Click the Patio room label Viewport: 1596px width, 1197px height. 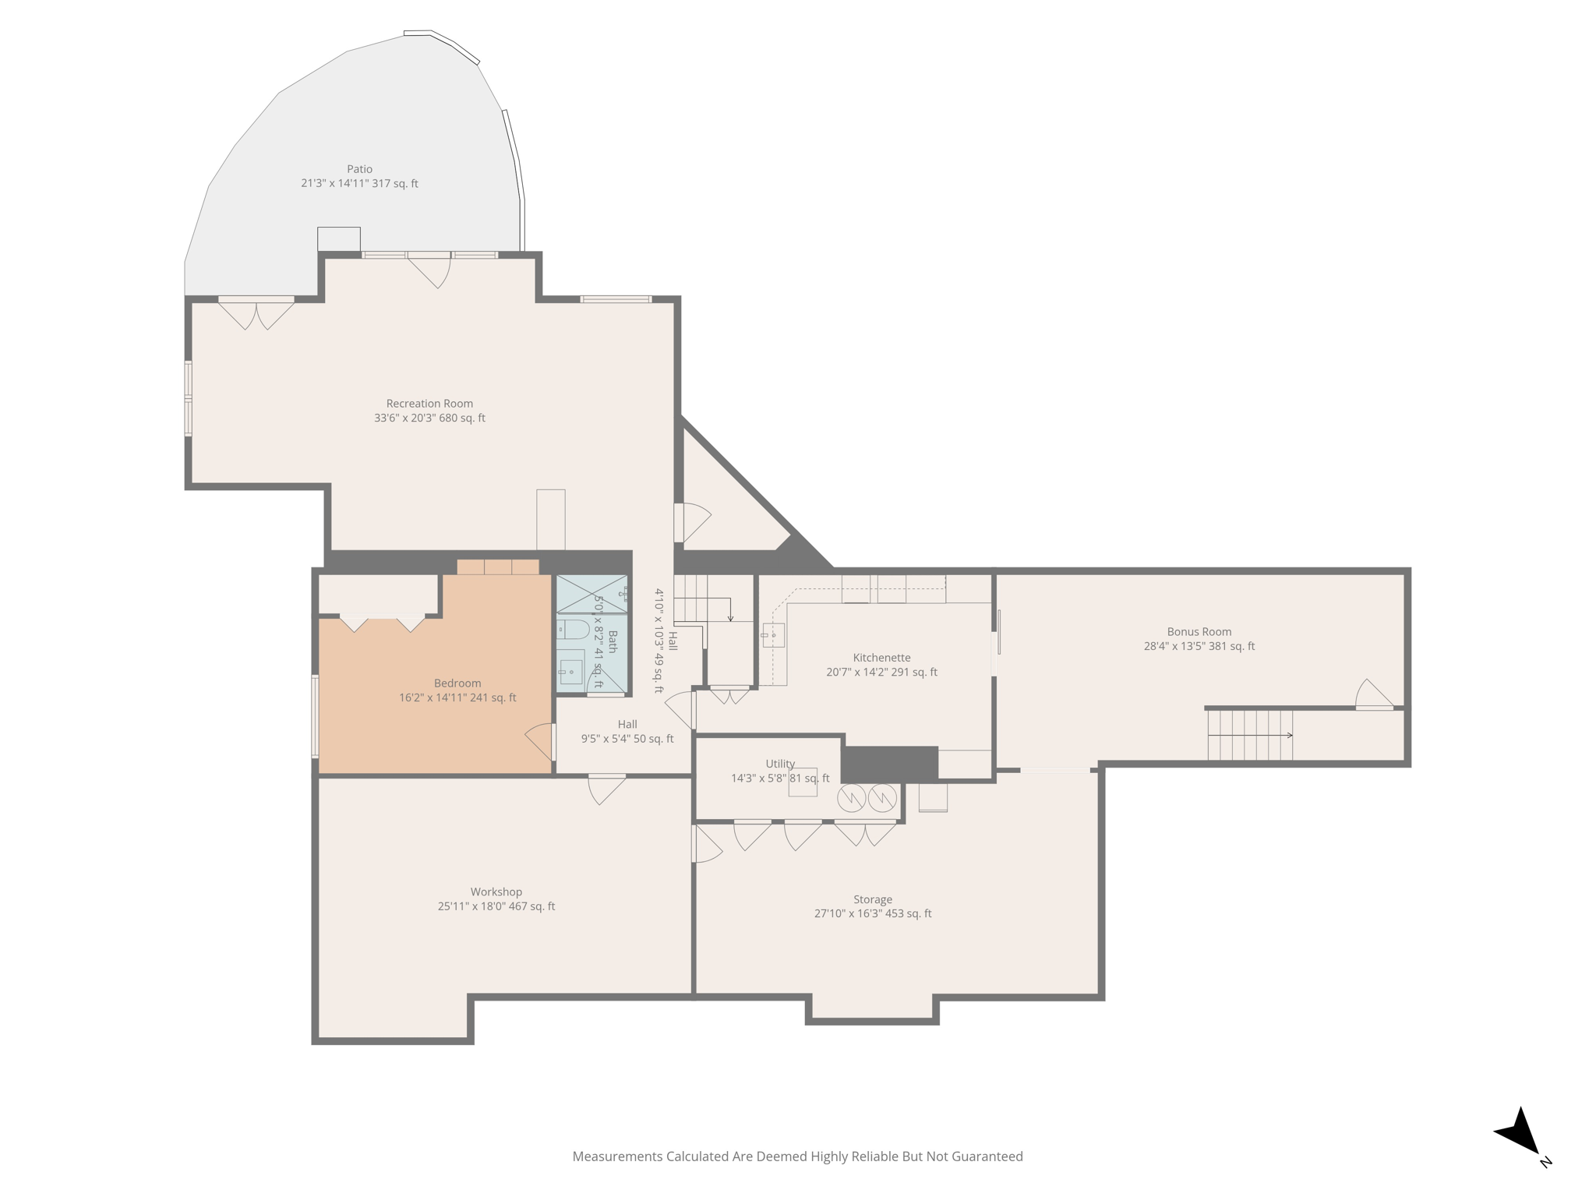point(359,169)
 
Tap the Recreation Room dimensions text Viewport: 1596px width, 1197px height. point(429,418)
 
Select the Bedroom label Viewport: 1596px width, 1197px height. point(457,683)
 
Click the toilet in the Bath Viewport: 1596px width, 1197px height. point(574,629)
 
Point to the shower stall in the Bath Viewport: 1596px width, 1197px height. point(591,594)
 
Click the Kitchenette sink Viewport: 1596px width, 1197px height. point(773,635)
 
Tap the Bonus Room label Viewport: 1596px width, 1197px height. point(1199,632)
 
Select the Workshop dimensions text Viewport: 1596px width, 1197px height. point(496,906)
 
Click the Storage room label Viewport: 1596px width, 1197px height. point(872,899)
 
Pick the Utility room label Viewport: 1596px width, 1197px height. point(780,764)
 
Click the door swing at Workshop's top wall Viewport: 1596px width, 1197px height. point(606,789)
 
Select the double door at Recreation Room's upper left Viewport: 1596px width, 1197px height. point(256,313)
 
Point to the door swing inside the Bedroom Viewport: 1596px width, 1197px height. point(540,741)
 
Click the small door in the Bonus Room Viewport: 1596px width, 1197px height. point(1374,695)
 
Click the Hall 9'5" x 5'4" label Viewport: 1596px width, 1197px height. point(627,732)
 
